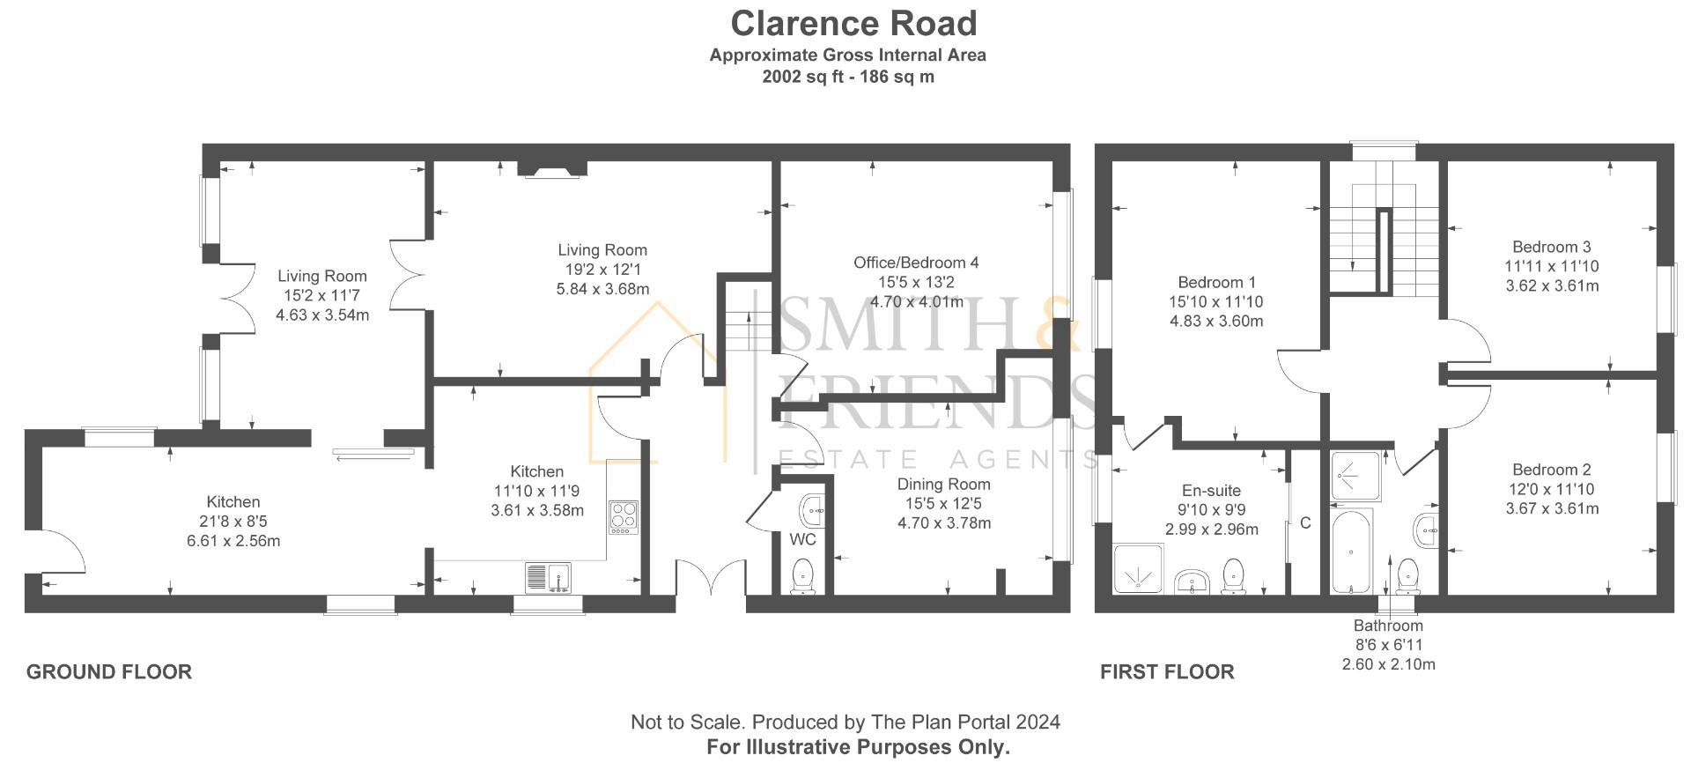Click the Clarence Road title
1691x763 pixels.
853,24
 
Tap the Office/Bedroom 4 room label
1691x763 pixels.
915,263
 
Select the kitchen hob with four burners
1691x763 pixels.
623,517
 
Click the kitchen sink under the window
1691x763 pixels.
548,578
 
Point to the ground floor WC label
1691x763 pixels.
801,539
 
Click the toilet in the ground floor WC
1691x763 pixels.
803,577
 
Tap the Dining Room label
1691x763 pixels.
943,485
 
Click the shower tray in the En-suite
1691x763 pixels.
1139,568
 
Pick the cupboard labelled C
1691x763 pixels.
1304,523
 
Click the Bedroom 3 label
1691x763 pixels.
1551,248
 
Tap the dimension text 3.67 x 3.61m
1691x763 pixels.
1552,508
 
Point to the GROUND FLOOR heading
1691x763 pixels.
109,672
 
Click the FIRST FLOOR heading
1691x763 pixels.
1166,672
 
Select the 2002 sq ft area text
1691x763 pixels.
847,77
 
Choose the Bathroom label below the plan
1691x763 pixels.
1388,626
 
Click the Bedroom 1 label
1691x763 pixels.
1216,283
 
